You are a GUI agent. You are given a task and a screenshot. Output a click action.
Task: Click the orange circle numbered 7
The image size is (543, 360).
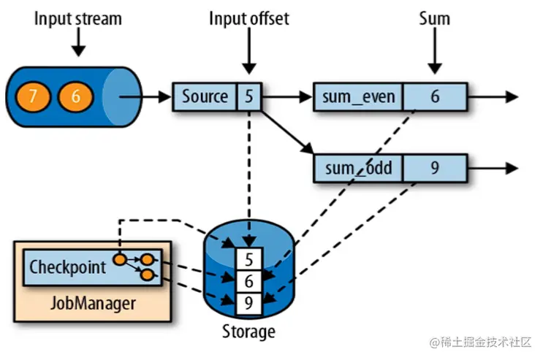(x=31, y=96)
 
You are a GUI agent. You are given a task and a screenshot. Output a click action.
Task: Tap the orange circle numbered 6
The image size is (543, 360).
(x=72, y=96)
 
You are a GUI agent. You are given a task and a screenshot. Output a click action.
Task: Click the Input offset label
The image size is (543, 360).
(x=249, y=18)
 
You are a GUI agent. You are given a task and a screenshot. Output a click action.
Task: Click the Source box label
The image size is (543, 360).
(x=205, y=96)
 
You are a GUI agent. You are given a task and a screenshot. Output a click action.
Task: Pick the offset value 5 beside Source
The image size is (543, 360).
(x=250, y=96)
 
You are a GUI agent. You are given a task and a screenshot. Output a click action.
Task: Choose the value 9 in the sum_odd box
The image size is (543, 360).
(x=434, y=169)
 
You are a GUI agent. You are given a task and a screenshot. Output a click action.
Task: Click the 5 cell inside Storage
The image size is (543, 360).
(x=248, y=259)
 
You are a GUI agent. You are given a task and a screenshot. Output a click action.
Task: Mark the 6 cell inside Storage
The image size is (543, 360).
(x=248, y=280)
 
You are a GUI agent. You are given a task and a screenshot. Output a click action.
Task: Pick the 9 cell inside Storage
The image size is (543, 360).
(x=248, y=300)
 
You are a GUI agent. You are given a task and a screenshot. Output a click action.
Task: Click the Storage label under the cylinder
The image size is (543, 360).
(x=248, y=332)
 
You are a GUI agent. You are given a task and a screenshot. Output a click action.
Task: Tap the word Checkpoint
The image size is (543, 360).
(x=67, y=267)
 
